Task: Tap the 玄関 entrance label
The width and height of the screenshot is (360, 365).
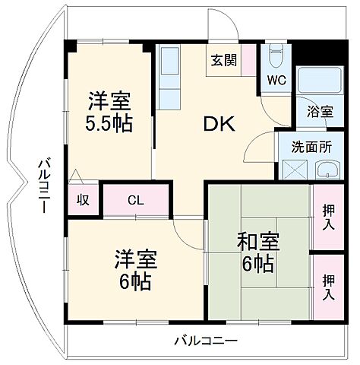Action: pos(223,61)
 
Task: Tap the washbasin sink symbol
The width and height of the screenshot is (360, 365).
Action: pos(327,169)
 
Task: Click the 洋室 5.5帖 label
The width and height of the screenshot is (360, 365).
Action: pos(109,111)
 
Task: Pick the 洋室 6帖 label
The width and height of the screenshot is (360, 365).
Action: pos(136,270)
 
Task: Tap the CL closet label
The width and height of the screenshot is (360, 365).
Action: pos(135,201)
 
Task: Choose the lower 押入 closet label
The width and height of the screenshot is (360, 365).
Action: pos(328,286)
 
